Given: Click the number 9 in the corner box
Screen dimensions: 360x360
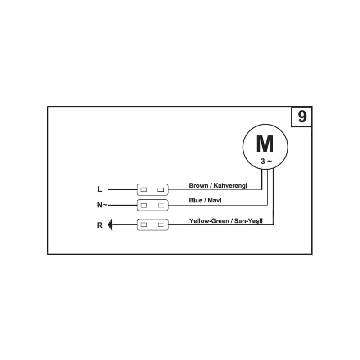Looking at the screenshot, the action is click(x=302, y=117).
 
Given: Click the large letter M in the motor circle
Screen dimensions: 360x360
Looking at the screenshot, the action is click(x=265, y=144).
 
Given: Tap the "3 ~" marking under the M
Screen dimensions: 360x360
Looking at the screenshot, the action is click(x=266, y=162).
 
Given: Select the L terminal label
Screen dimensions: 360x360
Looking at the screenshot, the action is click(x=99, y=189).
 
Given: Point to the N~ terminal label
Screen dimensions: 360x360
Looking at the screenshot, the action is click(x=102, y=205).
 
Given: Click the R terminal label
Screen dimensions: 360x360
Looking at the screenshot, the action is click(x=99, y=225).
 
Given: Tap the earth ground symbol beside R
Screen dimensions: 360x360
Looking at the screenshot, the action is click(x=110, y=225).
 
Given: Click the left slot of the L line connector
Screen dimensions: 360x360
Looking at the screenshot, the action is click(x=144, y=189).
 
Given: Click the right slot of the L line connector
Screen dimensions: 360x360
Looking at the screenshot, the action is click(x=161, y=189).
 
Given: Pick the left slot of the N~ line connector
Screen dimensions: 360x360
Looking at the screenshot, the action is click(x=144, y=205).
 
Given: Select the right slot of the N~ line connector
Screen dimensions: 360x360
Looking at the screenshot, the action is click(x=161, y=205).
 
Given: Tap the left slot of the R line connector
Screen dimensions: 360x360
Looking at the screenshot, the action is click(x=144, y=225).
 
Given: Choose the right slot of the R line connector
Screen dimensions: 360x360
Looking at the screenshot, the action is click(x=161, y=225).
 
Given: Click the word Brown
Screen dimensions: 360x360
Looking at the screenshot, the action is click(x=198, y=185).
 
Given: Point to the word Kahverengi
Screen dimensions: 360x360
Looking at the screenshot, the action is click(x=230, y=185).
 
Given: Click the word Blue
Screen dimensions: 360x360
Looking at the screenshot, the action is click(x=195, y=200).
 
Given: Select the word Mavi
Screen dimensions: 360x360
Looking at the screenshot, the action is click(x=215, y=200).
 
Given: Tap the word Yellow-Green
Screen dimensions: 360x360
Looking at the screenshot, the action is click(x=209, y=221).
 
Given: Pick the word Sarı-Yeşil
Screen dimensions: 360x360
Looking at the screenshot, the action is click(x=248, y=221).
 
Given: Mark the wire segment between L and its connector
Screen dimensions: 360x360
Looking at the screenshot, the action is click(x=122, y=189).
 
